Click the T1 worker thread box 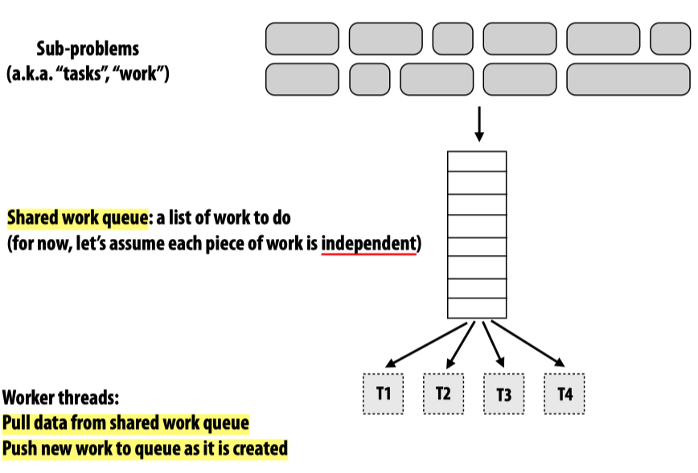383,393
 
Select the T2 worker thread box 443,393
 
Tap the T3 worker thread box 503,394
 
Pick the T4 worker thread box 564,393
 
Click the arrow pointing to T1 426,343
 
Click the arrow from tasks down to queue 478,124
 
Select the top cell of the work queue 477,161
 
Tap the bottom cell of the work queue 477,308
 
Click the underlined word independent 369,242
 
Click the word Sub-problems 88,47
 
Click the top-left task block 302,39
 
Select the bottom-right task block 628,79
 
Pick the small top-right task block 670,39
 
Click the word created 259,448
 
